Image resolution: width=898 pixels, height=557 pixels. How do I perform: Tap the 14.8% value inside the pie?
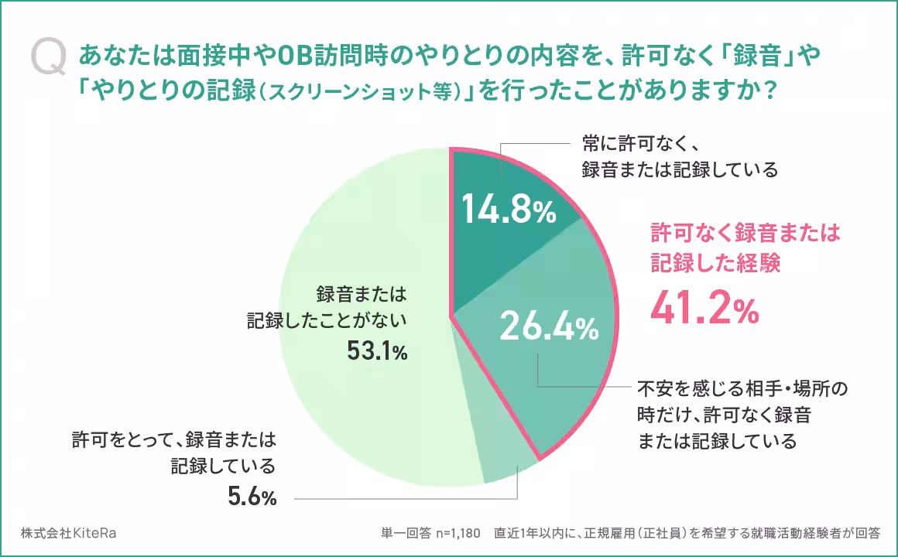coord(509,210)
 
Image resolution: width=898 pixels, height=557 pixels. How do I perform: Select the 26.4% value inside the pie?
coord(549,327)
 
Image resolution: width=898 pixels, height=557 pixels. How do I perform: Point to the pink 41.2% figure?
coord(704,309)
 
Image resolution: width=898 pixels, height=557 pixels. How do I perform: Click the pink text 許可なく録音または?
coord(745,233)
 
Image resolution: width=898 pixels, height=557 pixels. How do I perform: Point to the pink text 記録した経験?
coord(715,262)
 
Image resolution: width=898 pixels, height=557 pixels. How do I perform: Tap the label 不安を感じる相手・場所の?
coord(742,388)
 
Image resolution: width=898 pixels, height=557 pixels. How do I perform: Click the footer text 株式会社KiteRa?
coord(69,534)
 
